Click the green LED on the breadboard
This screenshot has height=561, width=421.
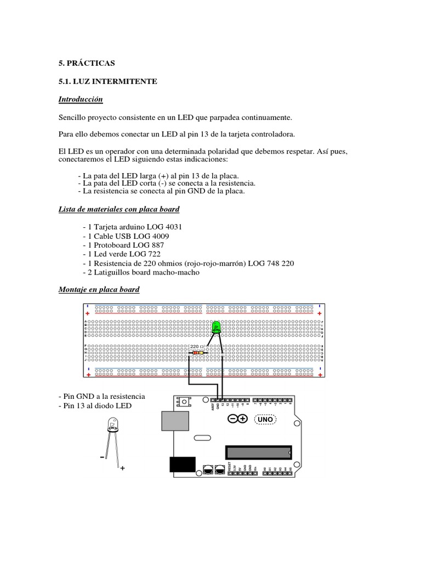tap(216, 328)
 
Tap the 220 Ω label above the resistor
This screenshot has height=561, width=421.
tap(197, 346)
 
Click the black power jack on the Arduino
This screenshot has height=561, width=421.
tap(182, 464)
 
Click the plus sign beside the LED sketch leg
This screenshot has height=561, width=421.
tap(122, 468)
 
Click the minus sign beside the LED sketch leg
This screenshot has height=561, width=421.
tap(102, 456)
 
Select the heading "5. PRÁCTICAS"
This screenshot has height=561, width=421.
tap(87, 63)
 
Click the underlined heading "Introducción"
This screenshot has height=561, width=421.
tap(81, 100)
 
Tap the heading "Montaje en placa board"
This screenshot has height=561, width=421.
tap(99, 289)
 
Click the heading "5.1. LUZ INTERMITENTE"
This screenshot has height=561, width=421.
tap(107, 81)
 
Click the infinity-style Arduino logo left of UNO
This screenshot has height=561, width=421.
tap(238, 419)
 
